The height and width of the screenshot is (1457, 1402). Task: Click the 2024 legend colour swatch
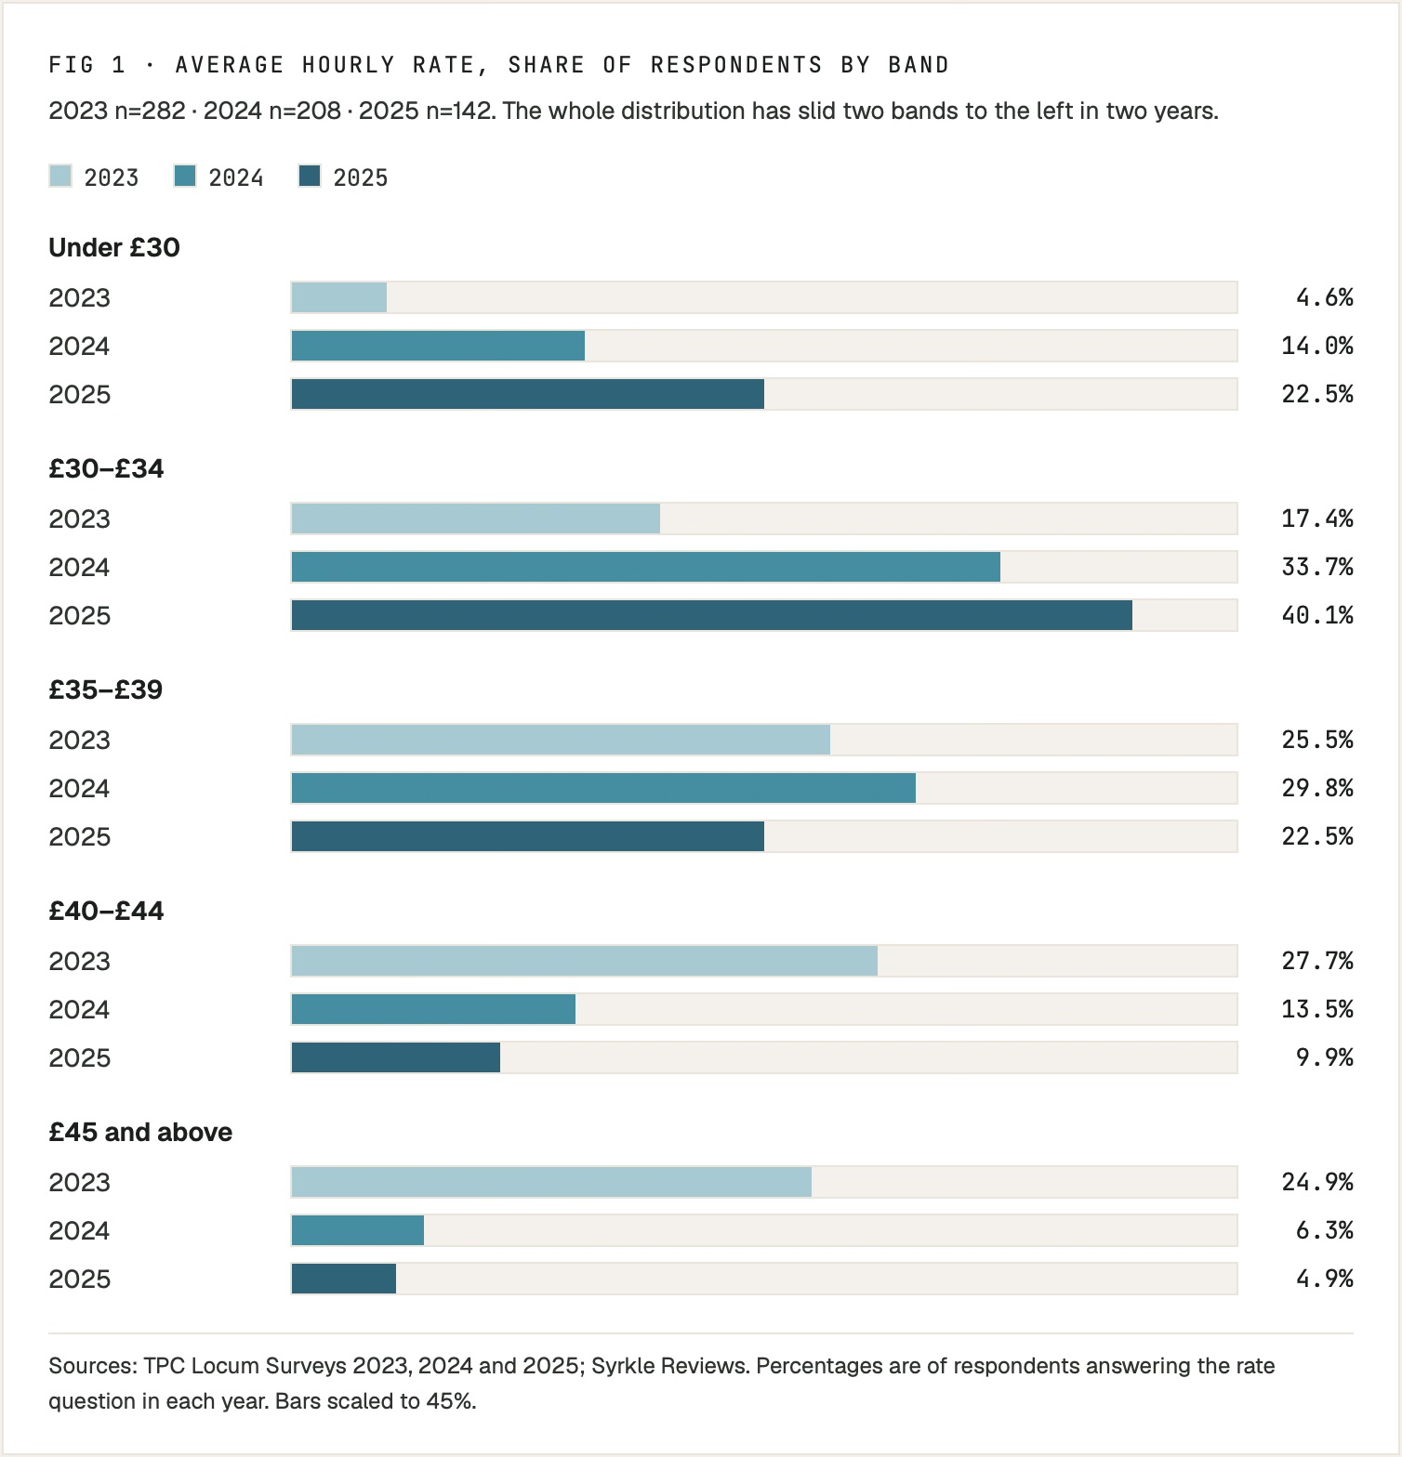pyautogui.click(x=185, y=176)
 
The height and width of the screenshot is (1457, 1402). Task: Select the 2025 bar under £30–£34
pyautogui.click(x=712, y=615)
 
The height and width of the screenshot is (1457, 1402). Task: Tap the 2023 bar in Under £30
pyautogui.click(x=339, y=297)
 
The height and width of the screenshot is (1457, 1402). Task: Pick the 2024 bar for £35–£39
pyautogui.click(x=603, y=788)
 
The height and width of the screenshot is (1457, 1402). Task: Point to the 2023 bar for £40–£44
pyautogui.click(x=585, y=961)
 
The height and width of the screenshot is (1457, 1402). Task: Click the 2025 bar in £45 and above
pyautogui.click(x=344, y=1279)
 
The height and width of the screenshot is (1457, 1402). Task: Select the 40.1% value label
pyautogui.click(x=1317, y=615)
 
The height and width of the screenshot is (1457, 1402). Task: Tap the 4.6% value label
pyautogui.click(x=1325, y=297)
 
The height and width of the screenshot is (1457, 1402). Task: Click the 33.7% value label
pyautogui.click(x=1317, y=567)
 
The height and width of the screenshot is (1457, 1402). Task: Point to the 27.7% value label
pyautogui.click(x=1317, y=961)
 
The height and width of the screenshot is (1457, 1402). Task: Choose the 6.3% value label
pyautogui.click(x=1325, y=1230)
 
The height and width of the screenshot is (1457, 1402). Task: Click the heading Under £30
pyautogui.click(x=114, y=247)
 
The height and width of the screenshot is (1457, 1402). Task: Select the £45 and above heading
pyautogui.click(x=140, y=1132)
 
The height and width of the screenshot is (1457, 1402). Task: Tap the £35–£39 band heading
pyautogui.click(x=106, y=689)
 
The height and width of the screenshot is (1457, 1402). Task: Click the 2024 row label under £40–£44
pyautogui.click(x=79, y=1009)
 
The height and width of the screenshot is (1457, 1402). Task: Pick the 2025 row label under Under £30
pyautogui.click(x=79, y=394)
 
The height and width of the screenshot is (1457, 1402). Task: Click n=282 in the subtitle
pyautogui.click(x=150, y=112)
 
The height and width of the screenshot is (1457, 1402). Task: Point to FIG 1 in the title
pyautogui.click(x=86, y=65)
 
